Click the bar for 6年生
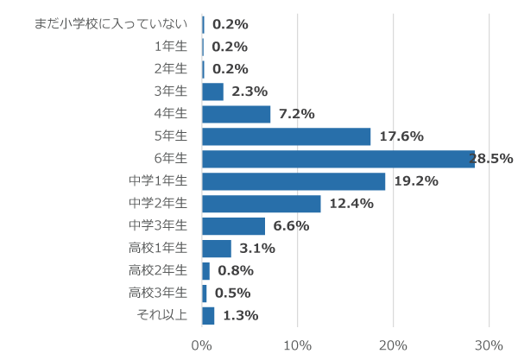(x=337, y=159)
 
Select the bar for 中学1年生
(x=294, y=181)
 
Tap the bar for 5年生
(x=286, y=136)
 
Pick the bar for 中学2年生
(x=261, y=204)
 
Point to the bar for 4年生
(x=236, y=114)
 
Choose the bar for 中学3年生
(x=233, y=226)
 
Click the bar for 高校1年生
(x=217, y=249)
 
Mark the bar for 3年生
(x=212, y=92)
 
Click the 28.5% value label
(x=491, y=159)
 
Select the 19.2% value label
(x=416, y=181)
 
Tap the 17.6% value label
(x=401, y=136)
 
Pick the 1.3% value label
(x=240, y=316)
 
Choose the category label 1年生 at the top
(x=169, y=47)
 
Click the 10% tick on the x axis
(x=297, y=344)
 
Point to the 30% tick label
(x=489, y=344)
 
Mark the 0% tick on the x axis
(x=202, y=344)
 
